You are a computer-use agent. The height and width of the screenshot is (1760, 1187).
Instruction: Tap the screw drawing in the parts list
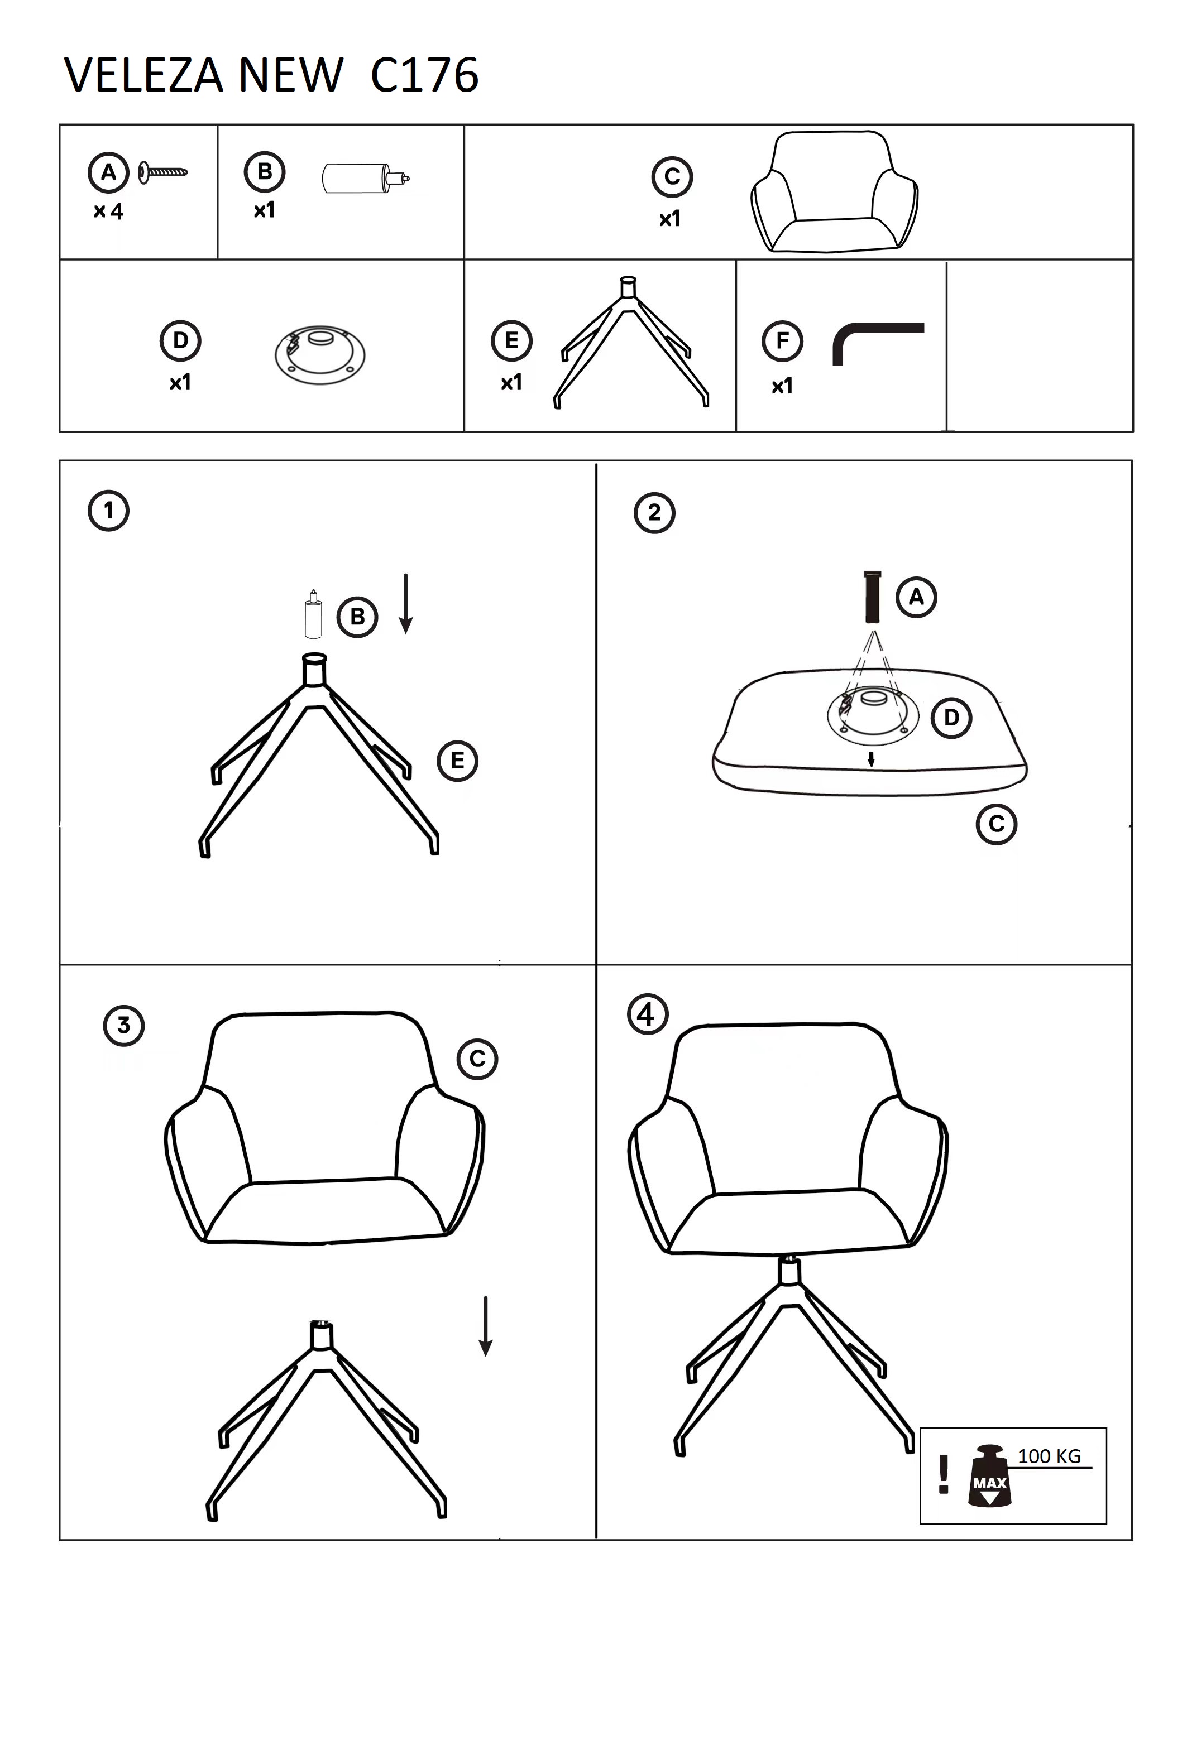point(163,172)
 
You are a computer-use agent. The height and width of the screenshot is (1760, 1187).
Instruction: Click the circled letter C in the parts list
point(672,176)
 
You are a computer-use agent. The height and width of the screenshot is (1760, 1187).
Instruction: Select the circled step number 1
point(108,510)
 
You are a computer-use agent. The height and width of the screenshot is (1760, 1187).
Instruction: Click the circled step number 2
point(654,513)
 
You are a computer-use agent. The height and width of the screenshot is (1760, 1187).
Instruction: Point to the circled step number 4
point(648,1014)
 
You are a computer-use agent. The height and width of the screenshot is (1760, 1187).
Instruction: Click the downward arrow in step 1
point(406,603)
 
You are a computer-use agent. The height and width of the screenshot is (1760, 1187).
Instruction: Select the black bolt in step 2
point(872,597)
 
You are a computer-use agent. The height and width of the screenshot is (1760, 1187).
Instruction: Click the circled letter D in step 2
point(951,717)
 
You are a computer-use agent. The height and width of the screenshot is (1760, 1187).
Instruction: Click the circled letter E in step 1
point(457,761)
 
